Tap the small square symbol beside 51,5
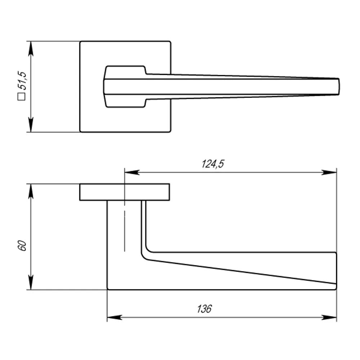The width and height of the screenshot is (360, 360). pyautogui.click(x=22, y=96)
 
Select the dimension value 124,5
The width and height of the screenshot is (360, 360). pyautogui.click(x=212, y=164)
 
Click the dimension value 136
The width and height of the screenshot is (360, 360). pyautogui.click(x=204, y=309)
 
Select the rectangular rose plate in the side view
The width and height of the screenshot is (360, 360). pyautogui.click(x=124, y=192)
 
